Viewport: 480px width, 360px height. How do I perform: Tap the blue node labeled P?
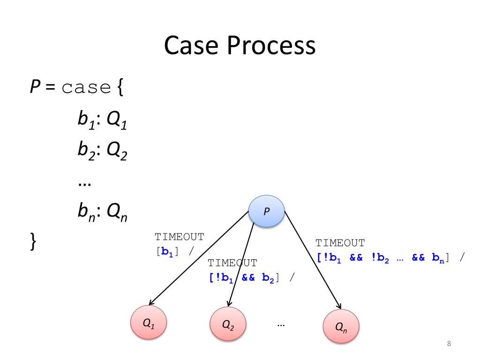tap(266, 211)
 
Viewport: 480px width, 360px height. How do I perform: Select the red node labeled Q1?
tap(149, 323)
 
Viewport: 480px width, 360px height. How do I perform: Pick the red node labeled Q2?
tap(228, 324)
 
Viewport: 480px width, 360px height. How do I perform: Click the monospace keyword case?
tap(86, 88)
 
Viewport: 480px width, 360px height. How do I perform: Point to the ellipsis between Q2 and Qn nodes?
tap(281, 324)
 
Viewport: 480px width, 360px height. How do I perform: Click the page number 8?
tap(449, 345)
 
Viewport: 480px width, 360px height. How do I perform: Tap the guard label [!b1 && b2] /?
tap(252, 277)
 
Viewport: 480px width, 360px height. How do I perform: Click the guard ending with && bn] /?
tap(390, 257)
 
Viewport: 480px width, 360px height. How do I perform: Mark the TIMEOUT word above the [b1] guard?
tap(180, 237)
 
